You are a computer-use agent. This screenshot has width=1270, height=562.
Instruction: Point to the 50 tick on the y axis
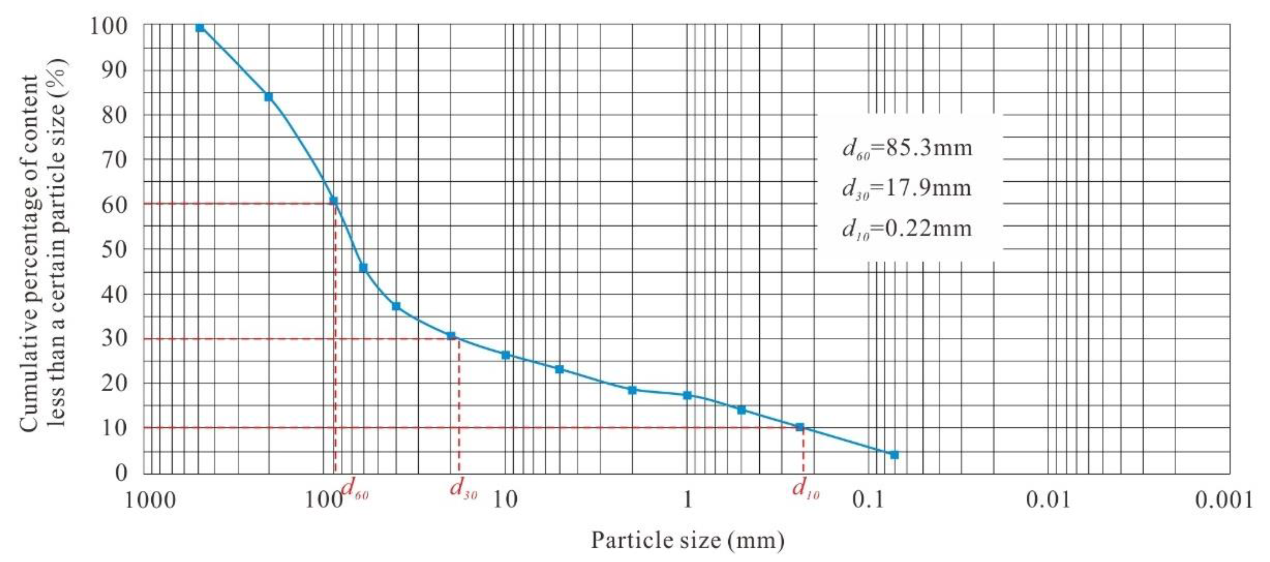click(114, 249)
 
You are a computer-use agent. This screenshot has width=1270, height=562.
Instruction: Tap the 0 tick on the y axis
click(121, 473)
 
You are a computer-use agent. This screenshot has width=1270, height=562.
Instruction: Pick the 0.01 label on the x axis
click(1049, 500)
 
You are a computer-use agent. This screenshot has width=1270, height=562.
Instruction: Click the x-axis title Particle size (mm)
click(687, 540)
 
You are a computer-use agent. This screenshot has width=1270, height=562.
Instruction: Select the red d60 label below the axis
click(354, 489)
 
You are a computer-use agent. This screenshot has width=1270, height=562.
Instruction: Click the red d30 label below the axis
click(463, 489)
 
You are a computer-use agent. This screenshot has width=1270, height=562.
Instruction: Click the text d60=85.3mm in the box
click(907, 148)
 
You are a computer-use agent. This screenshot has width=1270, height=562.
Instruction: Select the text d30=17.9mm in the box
click(907, 188)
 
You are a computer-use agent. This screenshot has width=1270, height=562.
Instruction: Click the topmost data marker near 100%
click(199, 27)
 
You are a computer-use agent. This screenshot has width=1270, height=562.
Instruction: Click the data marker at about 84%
click(269, 97)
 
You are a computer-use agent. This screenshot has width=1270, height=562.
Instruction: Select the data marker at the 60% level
click(333, 201)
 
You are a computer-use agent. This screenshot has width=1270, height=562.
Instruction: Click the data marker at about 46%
click(363, 268)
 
